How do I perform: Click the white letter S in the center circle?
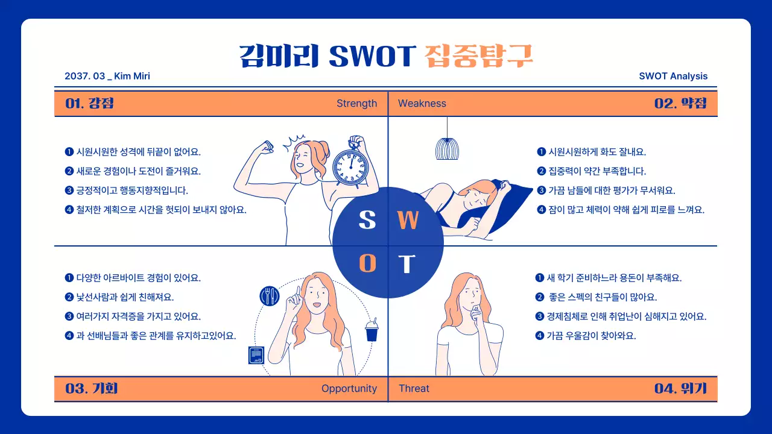(x=367, y=221)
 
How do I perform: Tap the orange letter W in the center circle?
(x=408, y=221)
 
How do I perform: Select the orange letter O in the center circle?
(x=367, y=263)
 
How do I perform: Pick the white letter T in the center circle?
(x=408, y=264)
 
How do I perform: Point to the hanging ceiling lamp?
(x=447, y=148)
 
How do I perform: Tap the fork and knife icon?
(x=270, y=295)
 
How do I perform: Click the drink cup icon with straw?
(x=372, y=330)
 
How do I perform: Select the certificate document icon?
(x=256, y=355)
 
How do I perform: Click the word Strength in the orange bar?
(x=356, y=104)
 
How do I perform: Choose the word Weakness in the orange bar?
(x=422, y=104)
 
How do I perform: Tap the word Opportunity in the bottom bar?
(x=349, y=389)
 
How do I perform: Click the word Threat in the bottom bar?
(x=414, y=389)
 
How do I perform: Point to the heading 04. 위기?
(x=680, y=389)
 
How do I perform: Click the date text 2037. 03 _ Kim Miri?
(x=107, y=76)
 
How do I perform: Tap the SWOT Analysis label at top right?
(x=673, y=76)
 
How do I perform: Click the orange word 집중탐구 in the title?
(x=479, y=55)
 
